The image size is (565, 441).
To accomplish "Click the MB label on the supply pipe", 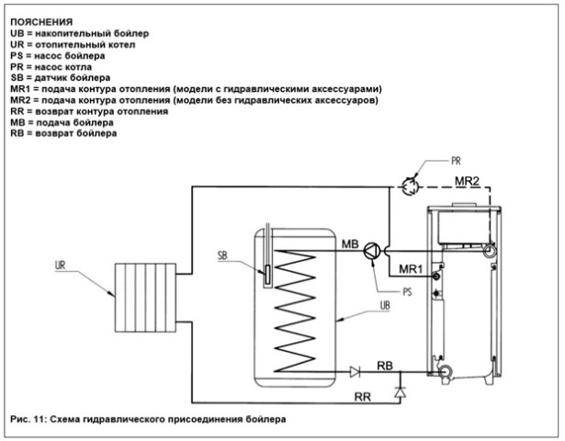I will [x=350, y=244].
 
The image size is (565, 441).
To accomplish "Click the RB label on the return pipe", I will [x=387, y=365].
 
